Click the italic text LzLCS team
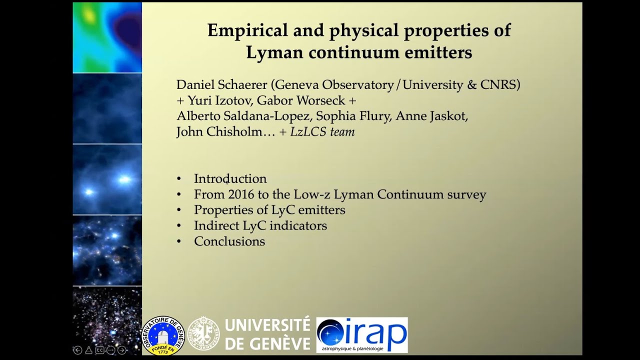pos(322,132)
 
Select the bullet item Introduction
pos(230,178)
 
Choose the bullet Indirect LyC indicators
pos(260,225)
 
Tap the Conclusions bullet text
pos(229,241)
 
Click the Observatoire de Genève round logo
pos(164,335)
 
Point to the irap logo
pos(362,334)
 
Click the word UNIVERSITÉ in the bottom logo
pos(267,326)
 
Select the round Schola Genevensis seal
pos(204,333)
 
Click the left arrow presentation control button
pos(77,350)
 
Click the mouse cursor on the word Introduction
pos(227,182)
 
